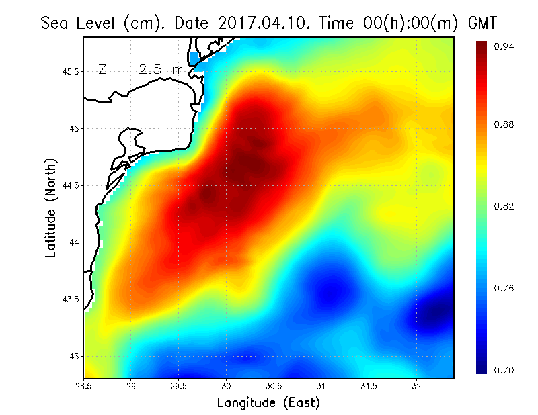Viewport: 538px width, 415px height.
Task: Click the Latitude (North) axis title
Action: click(x=51, y=207)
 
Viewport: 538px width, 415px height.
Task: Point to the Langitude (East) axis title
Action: click(x=268, y=403)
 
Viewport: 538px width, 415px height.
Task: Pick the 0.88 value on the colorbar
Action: click(x=504, y=125)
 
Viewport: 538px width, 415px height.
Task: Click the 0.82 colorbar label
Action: click(x=504, y=206)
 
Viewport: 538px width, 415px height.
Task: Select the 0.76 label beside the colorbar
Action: click(x=504, y=289)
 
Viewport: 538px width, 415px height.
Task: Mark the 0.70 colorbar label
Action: click(x=504, y=370)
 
